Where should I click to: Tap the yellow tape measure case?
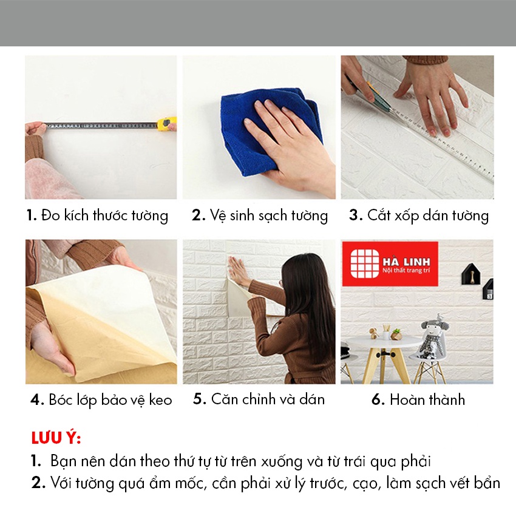pyautogui.click(x=166, y=124)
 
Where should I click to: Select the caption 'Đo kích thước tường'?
pyautogui.click(x=97, y=216)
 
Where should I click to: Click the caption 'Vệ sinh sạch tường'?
pyautogui.click(x=260, y=216)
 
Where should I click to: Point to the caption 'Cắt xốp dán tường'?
pyautogui.click(x=419, y=216)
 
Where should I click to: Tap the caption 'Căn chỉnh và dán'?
pyautogui.click(x=259, y=399)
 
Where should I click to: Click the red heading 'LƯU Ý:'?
pyautogui.click(x=55, y=438)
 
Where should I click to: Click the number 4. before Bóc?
pyautogui.click(x=37, y=400)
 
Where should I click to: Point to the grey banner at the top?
pyautogui.click(x=258, y=22)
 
